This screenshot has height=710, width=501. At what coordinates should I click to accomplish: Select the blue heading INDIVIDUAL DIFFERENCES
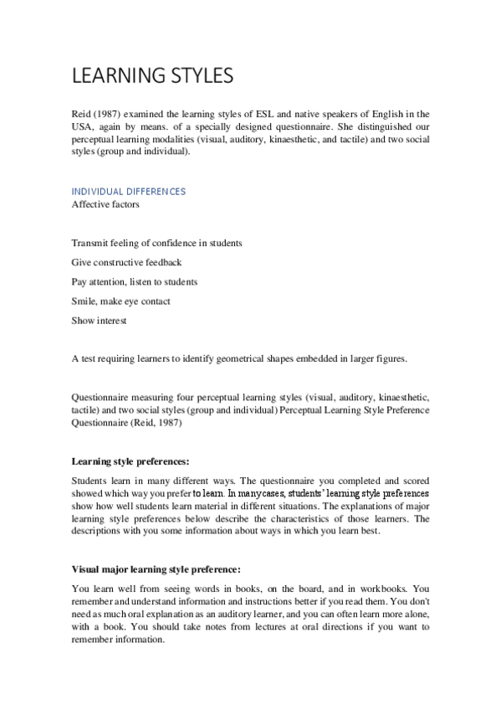129,191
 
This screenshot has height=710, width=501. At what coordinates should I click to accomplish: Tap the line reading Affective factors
105,203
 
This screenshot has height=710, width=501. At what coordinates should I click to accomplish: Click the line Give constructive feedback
126,262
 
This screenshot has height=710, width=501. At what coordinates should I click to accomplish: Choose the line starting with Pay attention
134,282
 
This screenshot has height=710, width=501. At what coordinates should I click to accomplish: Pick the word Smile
84,301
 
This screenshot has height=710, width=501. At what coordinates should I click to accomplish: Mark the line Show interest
95,322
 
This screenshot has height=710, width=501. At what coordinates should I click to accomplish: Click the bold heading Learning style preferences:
130,461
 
